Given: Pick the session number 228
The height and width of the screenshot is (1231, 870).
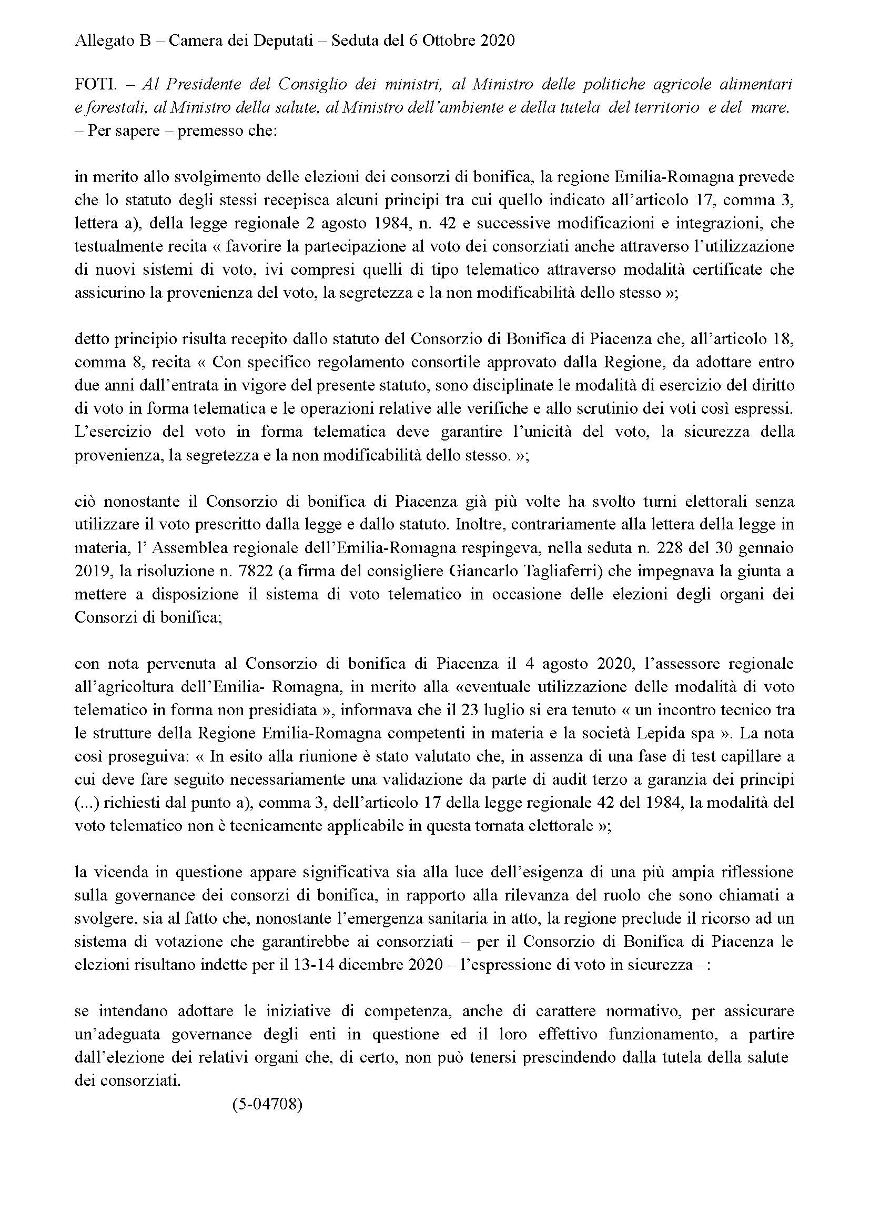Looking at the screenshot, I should pos(645,548).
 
